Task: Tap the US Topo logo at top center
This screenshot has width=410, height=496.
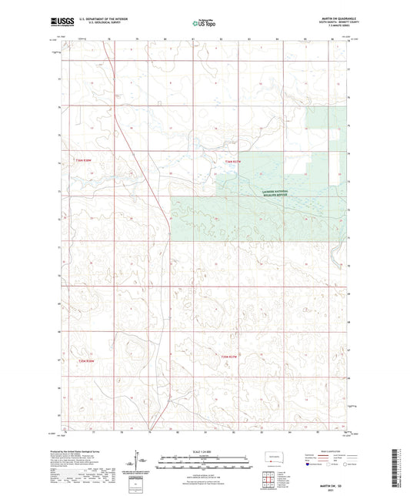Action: click(203, 22)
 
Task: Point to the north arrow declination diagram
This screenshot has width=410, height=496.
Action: click(142, 464)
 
